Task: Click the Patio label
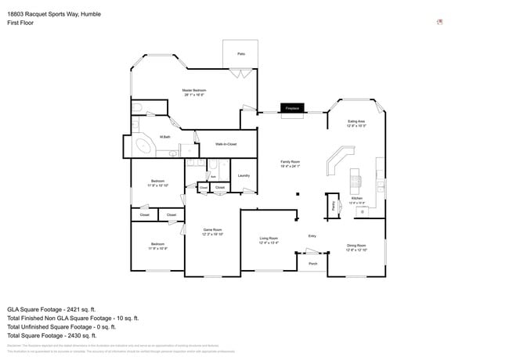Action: (242, 53)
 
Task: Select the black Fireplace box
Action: (291, 108)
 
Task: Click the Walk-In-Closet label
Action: (226, 143)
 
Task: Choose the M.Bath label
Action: (166, 138)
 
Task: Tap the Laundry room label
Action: (244, 175)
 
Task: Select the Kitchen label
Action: (357, 200)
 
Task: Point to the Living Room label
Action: (269, 240)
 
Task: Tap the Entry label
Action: (312, 236)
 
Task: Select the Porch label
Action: (312, 264)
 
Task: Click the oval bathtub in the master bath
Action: (145, 146)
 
